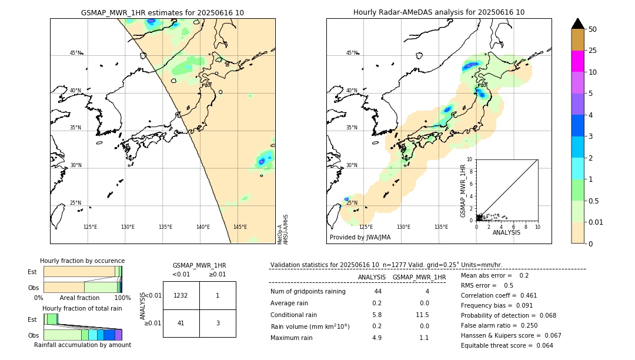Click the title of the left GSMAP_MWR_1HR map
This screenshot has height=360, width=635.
click(x=162, y=12)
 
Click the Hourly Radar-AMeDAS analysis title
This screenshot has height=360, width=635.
click(x=439, y=12)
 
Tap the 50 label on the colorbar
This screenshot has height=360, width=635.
click(x=593, y=29)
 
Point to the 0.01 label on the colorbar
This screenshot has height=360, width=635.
click(x=596, y=222)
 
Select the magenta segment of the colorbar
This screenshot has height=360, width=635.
click(x=578, y=61)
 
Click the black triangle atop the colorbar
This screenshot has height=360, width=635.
click(x=578, y=24)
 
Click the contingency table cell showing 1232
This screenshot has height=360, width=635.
click(x=181, y=295)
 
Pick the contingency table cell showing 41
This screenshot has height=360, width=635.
click(x=181, y=323)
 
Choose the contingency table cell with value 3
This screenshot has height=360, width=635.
click(x=218, y=323)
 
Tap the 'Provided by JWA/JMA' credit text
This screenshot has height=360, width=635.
click(x=360, y=238)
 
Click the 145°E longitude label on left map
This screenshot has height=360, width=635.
click(x=240, y=227)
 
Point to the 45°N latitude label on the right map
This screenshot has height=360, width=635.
click(x=352, y=54)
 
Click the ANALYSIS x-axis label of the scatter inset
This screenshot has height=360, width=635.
click(x=506, y=232)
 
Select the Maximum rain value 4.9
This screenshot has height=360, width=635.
click(x=376, y=338)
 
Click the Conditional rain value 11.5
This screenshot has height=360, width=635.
click(x=423, y=315)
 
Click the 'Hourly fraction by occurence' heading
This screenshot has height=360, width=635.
click(x=82, y=261)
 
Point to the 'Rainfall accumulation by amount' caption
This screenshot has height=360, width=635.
click(x=82, y=345)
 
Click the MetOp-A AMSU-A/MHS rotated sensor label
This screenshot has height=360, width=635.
click(x=283, y=229)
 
